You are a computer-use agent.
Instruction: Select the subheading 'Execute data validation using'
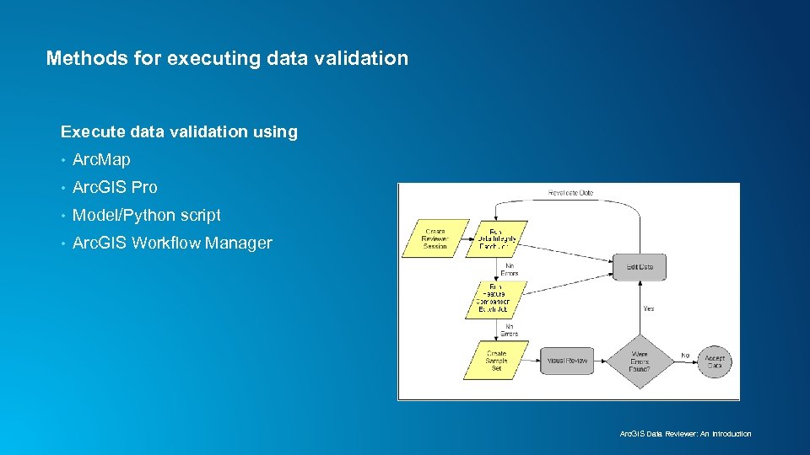click(x=179, y=131)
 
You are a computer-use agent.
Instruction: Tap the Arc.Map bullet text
click(x=101, y=159)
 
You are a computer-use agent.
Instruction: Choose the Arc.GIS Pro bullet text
click(x=115, y=187)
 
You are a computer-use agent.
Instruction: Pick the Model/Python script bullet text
click(x=146, y=215)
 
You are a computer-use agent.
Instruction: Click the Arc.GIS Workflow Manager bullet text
click(x=172, y=243)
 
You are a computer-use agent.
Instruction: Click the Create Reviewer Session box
click(x=435, y=238)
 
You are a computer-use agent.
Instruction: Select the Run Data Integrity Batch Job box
click(x=497, y=238)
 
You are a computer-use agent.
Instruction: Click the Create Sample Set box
click(x=496, y=360)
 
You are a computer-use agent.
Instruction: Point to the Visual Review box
click(x=567, y=361)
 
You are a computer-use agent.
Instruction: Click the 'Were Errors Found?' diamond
click(x=640, y=361)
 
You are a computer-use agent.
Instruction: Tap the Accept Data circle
click(x=714, y=361)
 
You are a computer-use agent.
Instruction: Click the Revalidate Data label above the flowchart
click(x=570, y=193)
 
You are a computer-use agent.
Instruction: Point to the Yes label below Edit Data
click(x=648, y=308)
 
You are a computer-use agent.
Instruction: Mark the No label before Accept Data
click(x=684, y=356)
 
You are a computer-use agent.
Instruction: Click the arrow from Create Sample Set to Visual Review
click(x=533, y=361)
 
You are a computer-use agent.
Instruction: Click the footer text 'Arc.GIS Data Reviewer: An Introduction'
click(x=685, y=434)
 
